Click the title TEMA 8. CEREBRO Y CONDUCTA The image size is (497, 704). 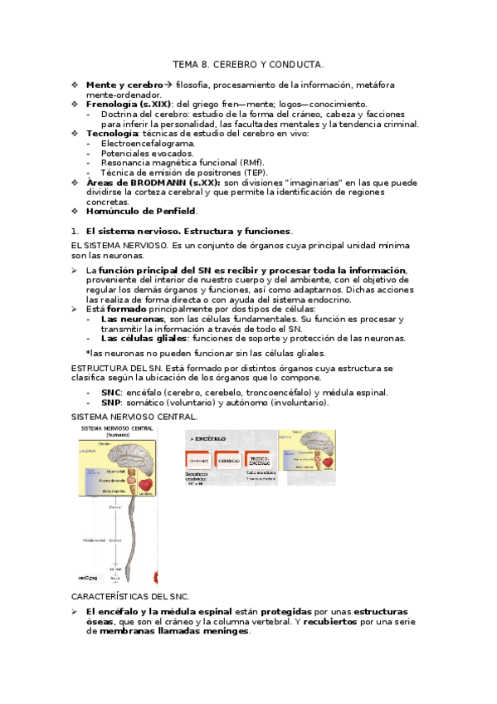pos(248,63)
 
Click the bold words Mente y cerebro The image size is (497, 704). pos(124,86)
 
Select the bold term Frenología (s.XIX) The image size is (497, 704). pos(129,105)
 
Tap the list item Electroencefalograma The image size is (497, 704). pos(142,143)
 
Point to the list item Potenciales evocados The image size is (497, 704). pos(135,153)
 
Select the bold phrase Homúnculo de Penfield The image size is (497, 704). pos(141,211)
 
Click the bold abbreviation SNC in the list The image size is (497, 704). pos(110,393)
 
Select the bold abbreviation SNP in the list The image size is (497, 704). pos(110,403)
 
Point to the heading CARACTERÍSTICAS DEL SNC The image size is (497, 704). pos(130,596)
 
